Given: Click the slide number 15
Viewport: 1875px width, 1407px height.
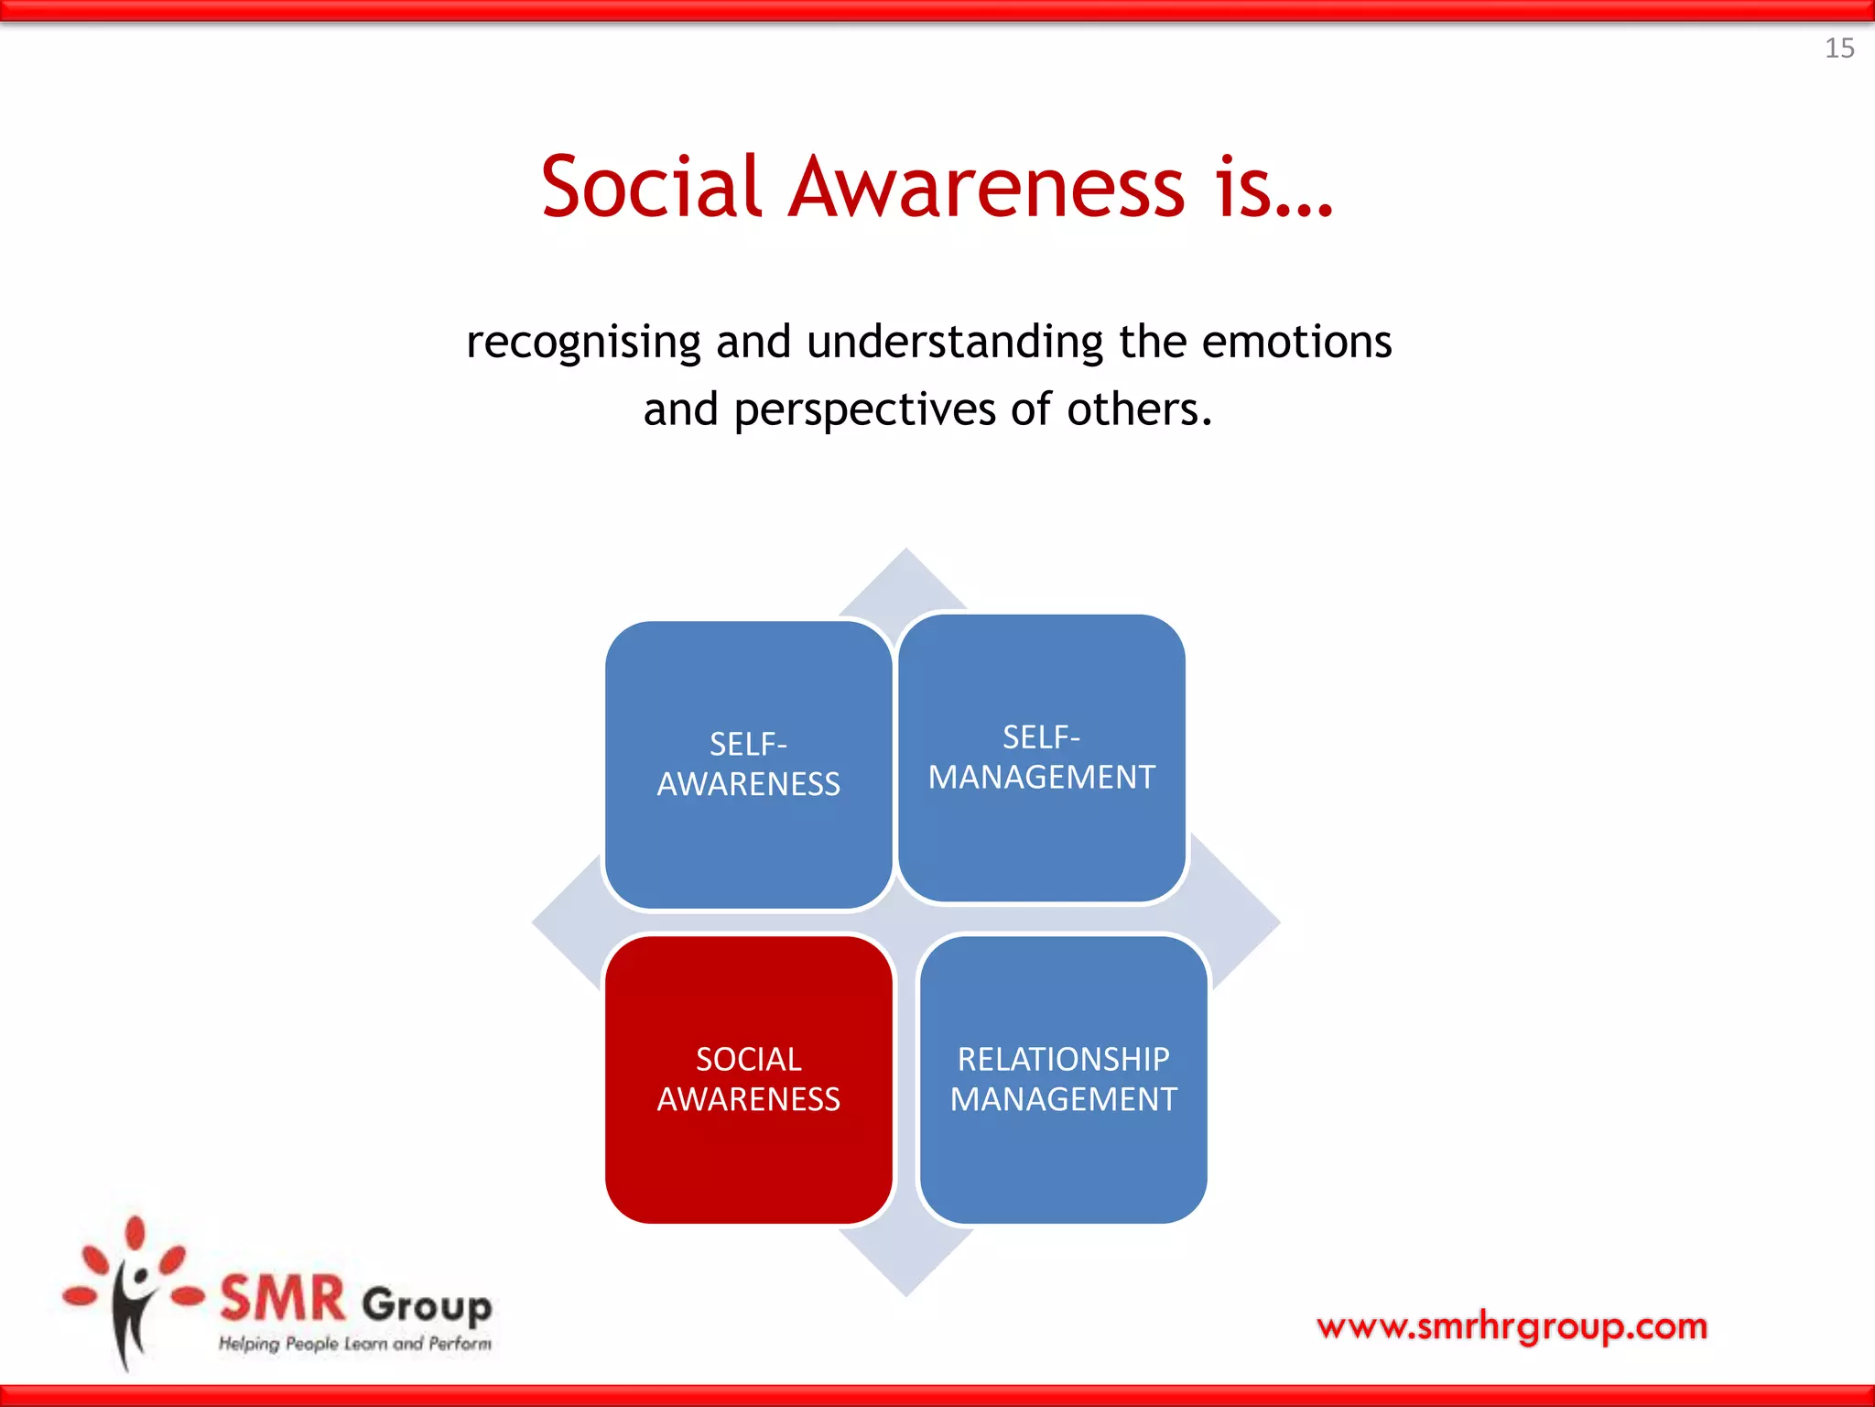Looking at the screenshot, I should (1839, 48).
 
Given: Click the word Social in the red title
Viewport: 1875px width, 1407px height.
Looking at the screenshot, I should (651, 188).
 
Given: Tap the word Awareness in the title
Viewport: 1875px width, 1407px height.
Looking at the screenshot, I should (987, 188).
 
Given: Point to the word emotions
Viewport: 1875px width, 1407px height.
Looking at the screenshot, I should (1296, 342).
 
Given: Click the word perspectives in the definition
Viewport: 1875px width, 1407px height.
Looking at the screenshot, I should (864, 409).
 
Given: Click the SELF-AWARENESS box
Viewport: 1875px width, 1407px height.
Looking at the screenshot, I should (748, 765).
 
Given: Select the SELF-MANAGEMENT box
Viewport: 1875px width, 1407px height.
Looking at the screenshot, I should (1042, 758).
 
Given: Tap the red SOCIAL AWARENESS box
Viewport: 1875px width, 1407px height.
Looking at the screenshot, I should (748, 1079).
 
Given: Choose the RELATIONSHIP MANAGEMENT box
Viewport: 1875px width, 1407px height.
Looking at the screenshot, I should (1063, 1079).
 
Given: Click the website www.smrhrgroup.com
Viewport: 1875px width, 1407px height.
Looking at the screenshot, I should (1512, 1325).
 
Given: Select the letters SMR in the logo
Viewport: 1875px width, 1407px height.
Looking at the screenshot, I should (283, 1299).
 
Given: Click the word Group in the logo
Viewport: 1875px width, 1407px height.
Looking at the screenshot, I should (427, 1304).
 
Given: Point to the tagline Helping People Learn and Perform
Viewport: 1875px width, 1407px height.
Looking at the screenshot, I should (354, 1344).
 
